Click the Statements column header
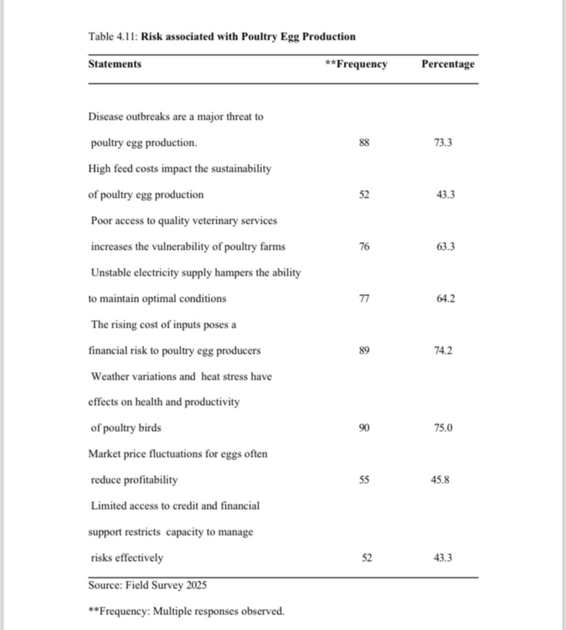pyautogui.click(x=115, y=64)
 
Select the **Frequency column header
pyautogui.click(x=356, y=64)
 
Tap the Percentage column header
pyautogui.click(x=448, y=64)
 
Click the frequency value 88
pyautogui.click(x=364, y=143)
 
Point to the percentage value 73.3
pyautogui.click(x=443, y=143)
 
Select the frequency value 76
pyautogui.click(x=364, y=247)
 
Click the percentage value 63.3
pyautogui.click(x=445, y=247)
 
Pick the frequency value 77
pyautogui.click(x=364, y=299)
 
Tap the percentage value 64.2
pyautogui.click(x=445, y=299)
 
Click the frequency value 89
pyautogui.click(x=364, y=351)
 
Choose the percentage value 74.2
pyautogui.click(x=443, y=351)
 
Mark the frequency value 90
pyautogui.click(x=364, y=428)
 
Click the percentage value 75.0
pyautogui.click(x=443, y=428)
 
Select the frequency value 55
pyautogui.click(x=364, y=480)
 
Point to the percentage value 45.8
pyautogui.click(x=440, y=480)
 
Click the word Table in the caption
pyautogui.click(x=101, y=36)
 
